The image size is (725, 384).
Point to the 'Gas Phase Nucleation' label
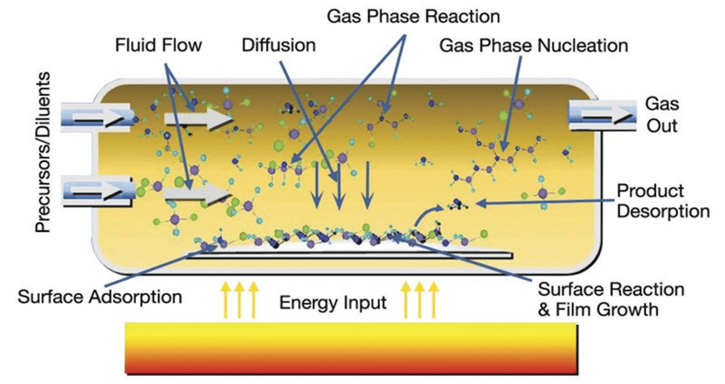coord(535,43)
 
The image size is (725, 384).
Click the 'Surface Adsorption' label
coord(99,297)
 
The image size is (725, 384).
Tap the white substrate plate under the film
coord(350,251)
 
